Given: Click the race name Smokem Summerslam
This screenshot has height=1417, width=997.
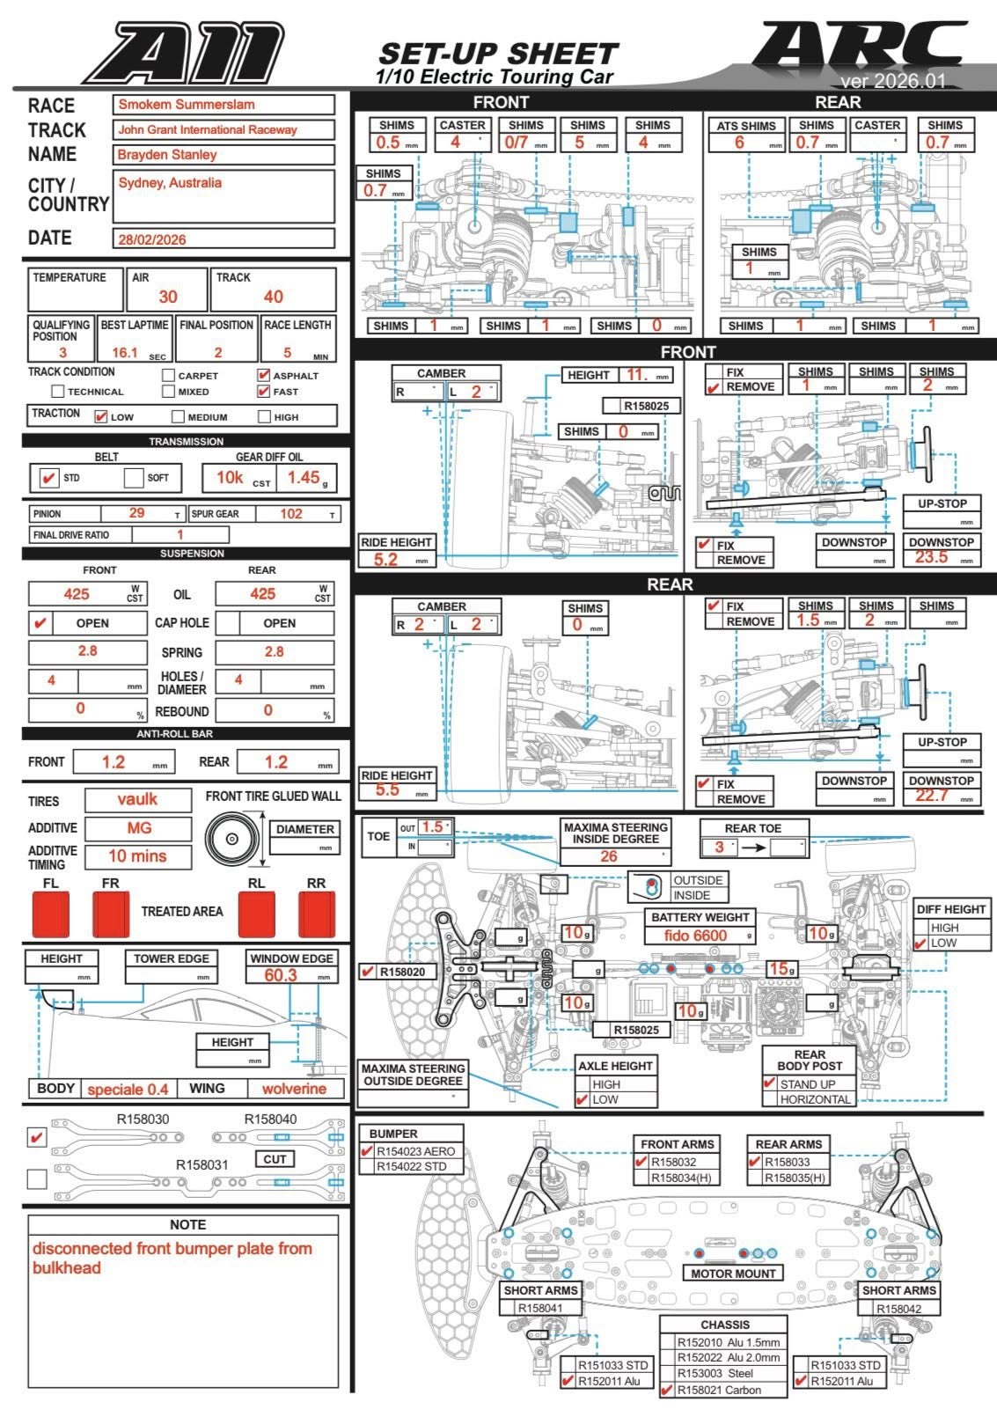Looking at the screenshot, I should pyautogui.click(x=187, y=104).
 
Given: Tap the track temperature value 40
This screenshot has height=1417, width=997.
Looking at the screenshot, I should pyautogui.click(x=274, y=297).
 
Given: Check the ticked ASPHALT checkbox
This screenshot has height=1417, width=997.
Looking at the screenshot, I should pyautogui.click(x=263, y=375).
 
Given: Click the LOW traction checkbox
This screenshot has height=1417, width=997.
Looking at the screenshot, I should pyautogui.click(x=100, y=416).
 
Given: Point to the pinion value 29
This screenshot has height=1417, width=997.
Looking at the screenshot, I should pyautogui.click(x=136, y=513).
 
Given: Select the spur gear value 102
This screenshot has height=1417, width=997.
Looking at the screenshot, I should pyautogui.click(x=290, y=513).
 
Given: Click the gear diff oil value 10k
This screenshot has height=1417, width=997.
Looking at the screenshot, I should pyautogui.click(x=230, y=477).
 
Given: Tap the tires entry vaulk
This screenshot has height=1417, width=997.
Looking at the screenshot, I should pyautogui.click(x=137, y=799).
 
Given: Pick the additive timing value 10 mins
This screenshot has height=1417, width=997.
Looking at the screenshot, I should pyautogui.click(x=137, y=855).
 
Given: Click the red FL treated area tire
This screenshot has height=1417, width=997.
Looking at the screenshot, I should pyautogui.click(x=50, y=914).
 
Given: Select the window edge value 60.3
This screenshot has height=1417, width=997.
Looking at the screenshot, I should pyautogui.click(x=281, y=975).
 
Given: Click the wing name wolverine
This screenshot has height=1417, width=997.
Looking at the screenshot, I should pyautogui.click(x=294, y=1089).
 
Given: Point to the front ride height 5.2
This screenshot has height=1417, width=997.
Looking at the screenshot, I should pyautogui.click(x=385, y=559).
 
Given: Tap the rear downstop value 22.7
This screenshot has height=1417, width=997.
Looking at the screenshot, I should pyautogui.click(x=931, y=796).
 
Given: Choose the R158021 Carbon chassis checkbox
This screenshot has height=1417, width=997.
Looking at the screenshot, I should pyautogui.click(x=667, y=1391).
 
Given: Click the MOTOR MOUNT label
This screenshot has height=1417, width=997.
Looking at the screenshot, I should pyautogui.click(x=733, y=1274).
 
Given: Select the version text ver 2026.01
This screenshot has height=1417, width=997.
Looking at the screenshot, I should pyautogui.click(x=892, y=81).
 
